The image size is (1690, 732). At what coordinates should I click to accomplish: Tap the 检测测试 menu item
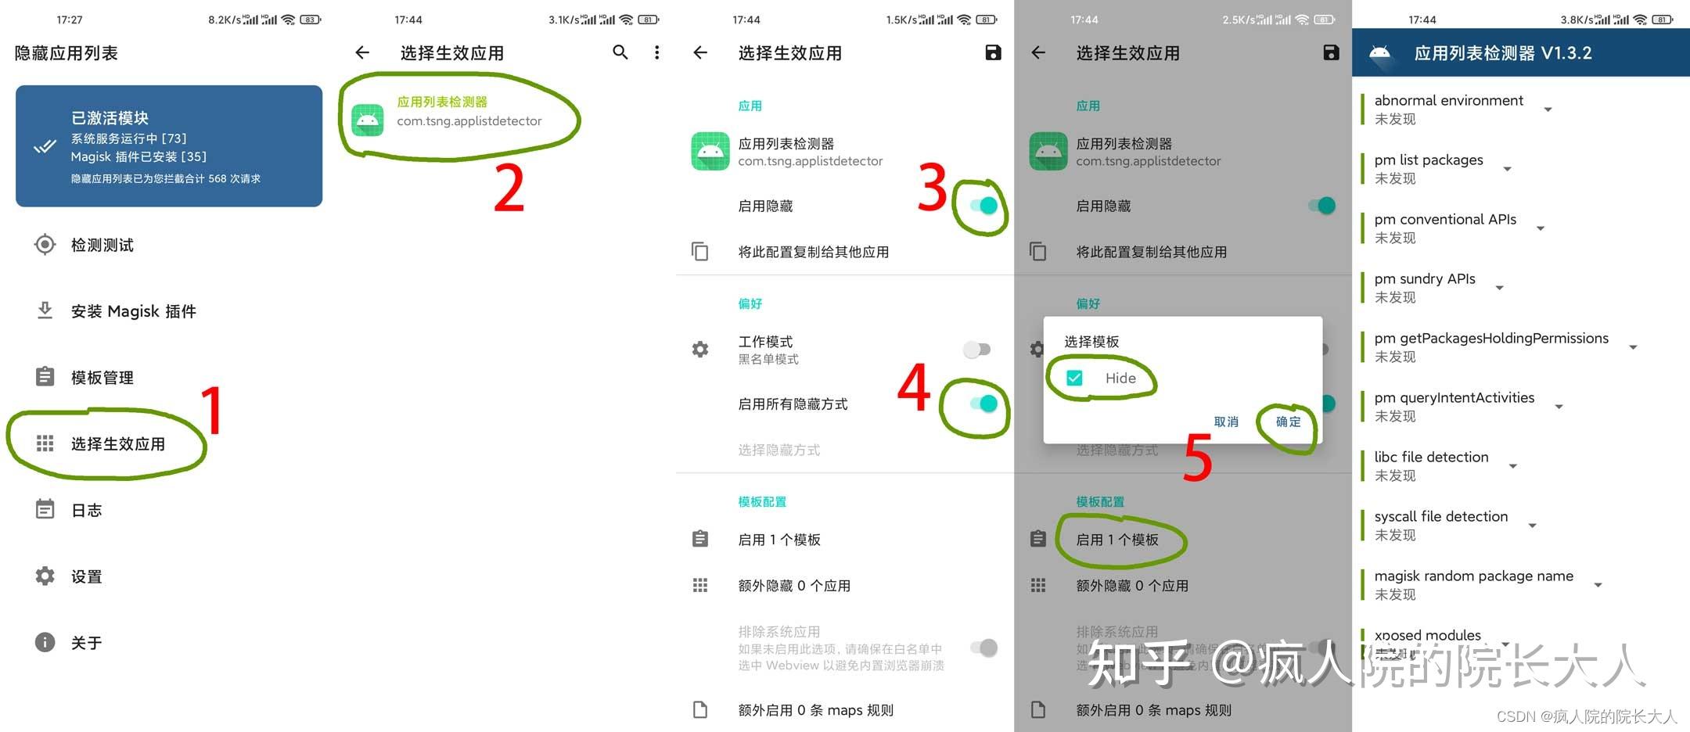coord(102,245)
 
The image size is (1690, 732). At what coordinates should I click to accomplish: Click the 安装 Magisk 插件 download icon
coord(45,310)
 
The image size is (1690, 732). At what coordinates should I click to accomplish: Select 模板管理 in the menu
coord(102,377)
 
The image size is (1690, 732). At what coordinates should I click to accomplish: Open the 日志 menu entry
coord(86,510)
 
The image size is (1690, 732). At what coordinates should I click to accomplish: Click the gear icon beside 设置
coord(45,576)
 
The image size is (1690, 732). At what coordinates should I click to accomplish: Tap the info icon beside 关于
coord(45,642)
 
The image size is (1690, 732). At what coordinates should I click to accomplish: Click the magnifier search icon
coord(620,52)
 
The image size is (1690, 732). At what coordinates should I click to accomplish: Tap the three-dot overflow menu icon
coord(656,52)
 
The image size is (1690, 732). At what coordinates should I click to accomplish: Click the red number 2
coord(509,188)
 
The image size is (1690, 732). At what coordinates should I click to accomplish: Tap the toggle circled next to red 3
coord(983,206)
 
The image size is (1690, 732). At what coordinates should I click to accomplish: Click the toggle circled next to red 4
coord(983,404)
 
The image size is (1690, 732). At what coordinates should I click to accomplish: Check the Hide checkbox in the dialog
coord(1075,378)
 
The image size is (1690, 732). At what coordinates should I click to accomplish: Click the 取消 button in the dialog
coord(1226,422)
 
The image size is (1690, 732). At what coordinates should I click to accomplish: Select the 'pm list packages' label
coord(1429,160)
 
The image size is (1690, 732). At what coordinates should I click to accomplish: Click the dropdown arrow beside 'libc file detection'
coord(1512,466)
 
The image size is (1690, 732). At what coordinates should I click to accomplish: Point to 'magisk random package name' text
coord(1473,576)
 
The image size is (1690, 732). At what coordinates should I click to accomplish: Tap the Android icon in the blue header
coord(1380,52)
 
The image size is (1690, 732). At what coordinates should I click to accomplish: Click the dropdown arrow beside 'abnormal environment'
coord(1548,109)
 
